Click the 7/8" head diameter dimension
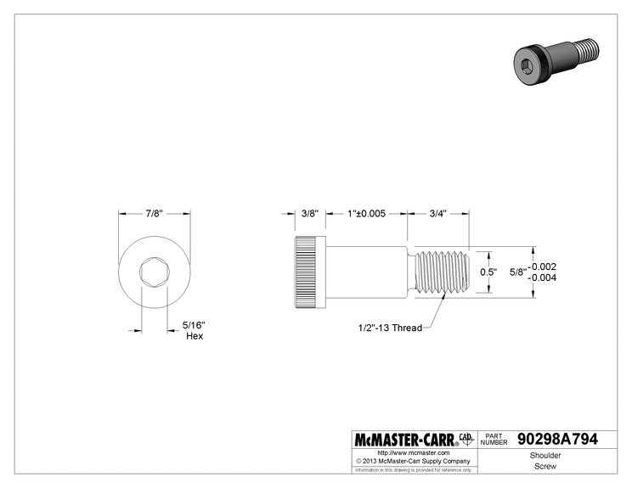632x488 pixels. pos(154,213)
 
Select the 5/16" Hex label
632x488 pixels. pos(195,330)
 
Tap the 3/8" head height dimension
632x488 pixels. pos(310,213)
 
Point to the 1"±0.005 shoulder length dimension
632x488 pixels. pos(366,213)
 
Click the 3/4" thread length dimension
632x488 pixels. pos(437,213)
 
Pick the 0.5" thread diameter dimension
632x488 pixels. pos(488,272)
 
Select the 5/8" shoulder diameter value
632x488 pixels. pos(518,272)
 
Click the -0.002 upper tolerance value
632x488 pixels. pos(543,266)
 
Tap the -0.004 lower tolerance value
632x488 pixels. pos(543,278)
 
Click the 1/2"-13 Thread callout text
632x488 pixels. pos(390,328)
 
